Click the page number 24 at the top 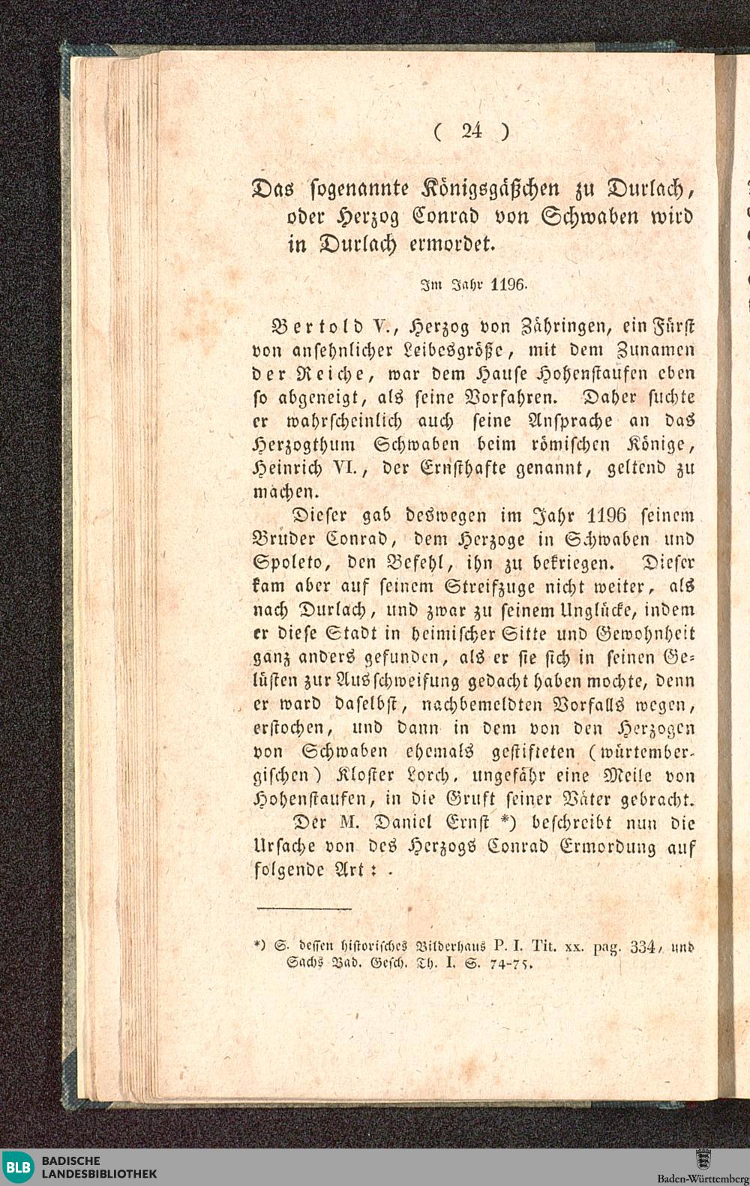point(472,131)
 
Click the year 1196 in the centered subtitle point(510,285)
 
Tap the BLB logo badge point(20,1166)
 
